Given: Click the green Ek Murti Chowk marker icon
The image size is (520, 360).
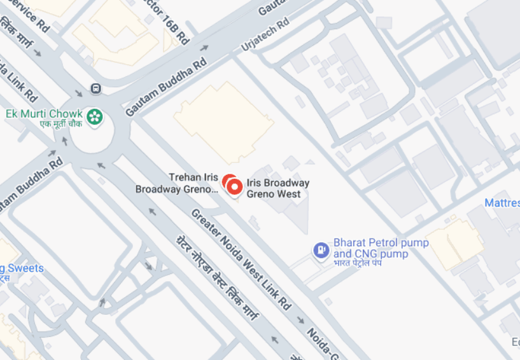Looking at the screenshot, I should click(95, 117).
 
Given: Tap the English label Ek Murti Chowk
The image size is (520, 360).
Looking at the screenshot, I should click(44, 114).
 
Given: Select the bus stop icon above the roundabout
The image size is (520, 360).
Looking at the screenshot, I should click(95, 88).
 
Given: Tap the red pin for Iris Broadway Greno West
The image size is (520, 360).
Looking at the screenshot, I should click(234, 187).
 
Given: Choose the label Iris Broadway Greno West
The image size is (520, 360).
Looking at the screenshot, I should click(278, 188).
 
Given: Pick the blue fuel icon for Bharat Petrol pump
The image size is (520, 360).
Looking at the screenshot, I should click(321, 249).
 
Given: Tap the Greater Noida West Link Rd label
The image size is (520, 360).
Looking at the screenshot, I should click(242, 260).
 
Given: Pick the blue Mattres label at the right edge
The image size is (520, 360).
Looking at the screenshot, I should click(502, 203).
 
